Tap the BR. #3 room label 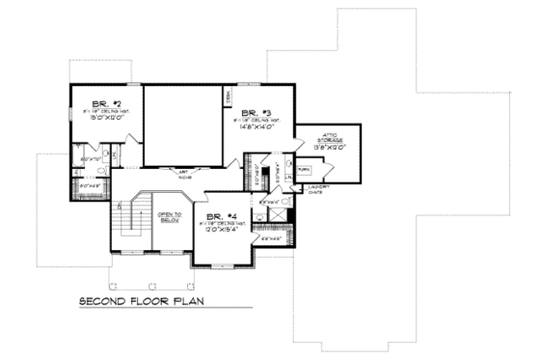click(x=256, y=111)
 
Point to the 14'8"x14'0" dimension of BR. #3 click(x=256, y=125)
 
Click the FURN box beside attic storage click(x=302, y=168)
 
